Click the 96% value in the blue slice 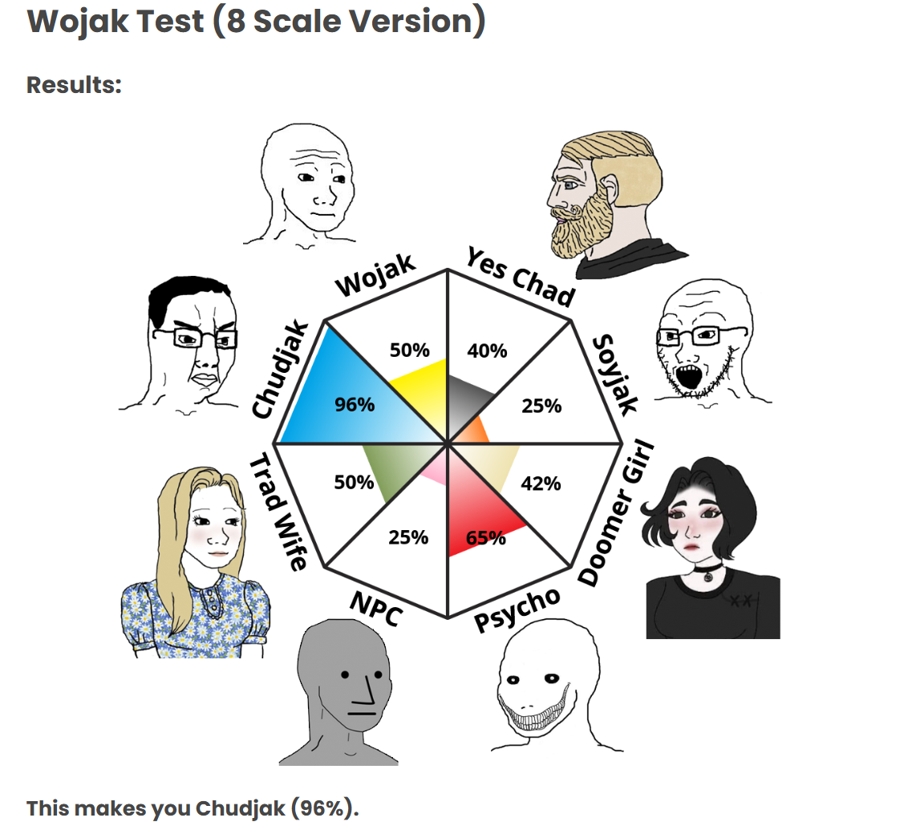coord(355,404)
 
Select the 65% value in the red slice coord(485,537)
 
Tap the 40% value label coord(487,350)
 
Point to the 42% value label coord(541,484)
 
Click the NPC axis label coord(375,606)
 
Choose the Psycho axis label coord(517,609)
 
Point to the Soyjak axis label coord(615,374)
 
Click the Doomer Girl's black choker coord(706,572)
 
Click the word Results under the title coord(74,84)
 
